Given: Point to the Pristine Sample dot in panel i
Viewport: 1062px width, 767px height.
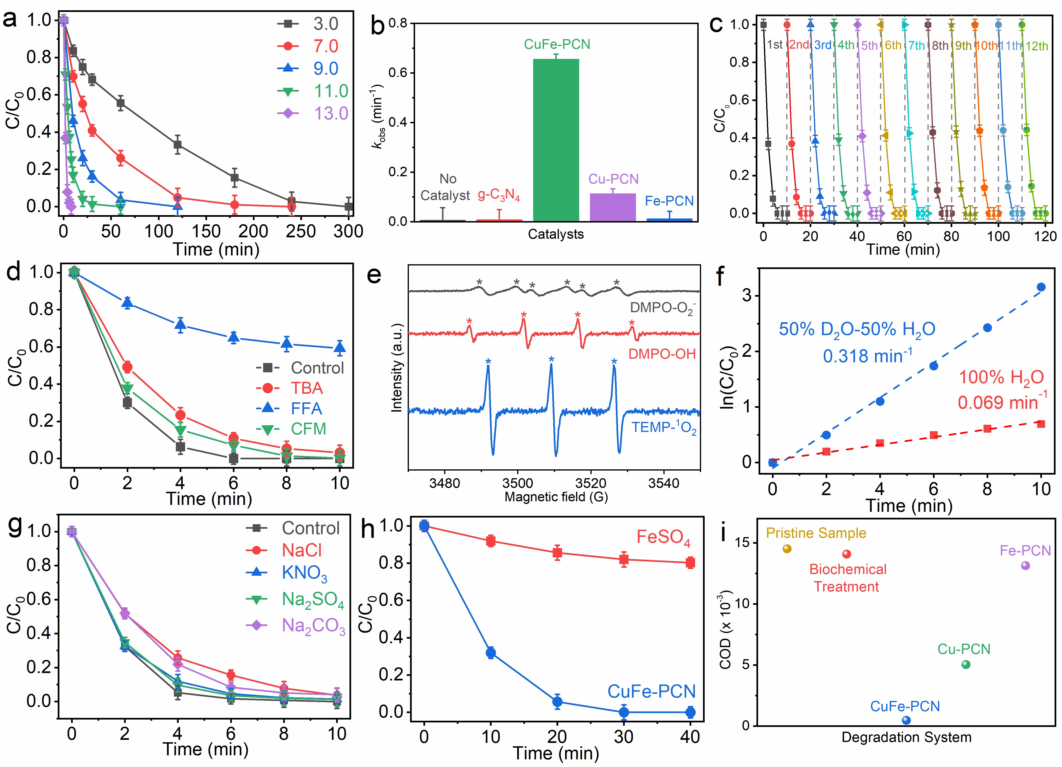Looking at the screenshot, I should pos(787,548).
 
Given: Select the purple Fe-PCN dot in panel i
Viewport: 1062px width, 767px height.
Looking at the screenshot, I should pos(1026,565).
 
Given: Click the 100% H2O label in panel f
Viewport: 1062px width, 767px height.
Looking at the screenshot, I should pos(1001,377).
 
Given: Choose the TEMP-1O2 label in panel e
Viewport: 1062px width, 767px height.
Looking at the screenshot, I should pos(664,428).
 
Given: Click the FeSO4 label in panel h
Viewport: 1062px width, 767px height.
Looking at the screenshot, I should pos(663,537).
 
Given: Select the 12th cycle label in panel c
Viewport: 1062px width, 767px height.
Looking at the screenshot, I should pos(1036,46).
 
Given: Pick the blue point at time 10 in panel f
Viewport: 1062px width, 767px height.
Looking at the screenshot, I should pos(1041,287).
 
